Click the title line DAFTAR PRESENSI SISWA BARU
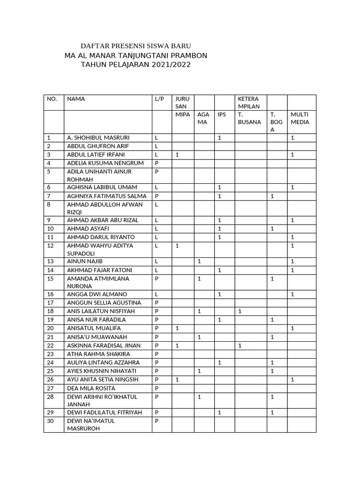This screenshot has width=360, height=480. coord(135,46)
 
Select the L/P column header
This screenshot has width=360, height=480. coord(159,99)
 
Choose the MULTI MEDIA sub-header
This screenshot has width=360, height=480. coord(300,118)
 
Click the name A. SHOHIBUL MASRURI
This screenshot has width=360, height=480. coord(98,138)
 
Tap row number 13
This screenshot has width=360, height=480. coord(51,261)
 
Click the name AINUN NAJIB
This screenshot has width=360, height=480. coord(85,261)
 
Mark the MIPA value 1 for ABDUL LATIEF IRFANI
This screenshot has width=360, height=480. coord(177,155)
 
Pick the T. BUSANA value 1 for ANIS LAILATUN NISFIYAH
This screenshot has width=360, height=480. coord(240,311)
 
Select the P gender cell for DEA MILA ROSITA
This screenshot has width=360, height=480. coord(157,388)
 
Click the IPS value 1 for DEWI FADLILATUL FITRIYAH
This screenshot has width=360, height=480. coord(220,412)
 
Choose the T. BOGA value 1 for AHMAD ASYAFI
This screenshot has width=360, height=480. coord(272,229)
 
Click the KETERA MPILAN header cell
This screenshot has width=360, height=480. coord(248,103)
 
